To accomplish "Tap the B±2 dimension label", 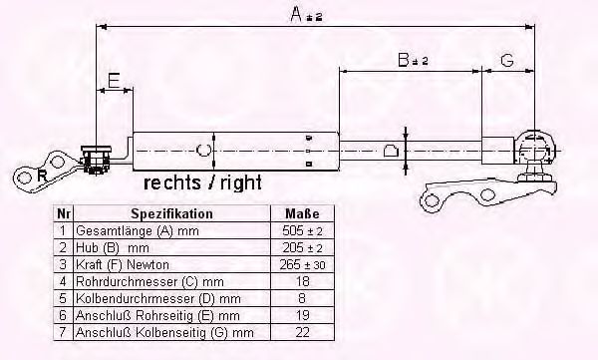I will click(x=413, y=61).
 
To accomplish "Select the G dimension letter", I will click(x=507, y=61).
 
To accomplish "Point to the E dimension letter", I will click(x=115, y=79).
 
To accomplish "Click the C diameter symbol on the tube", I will click(x=203, y=150).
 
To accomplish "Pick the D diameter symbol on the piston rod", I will click(x=392, y=151).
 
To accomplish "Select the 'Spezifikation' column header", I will click(x=171, y=213).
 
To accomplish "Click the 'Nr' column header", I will click(x=63, y=213).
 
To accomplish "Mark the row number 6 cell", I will click(x=63, y=314).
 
